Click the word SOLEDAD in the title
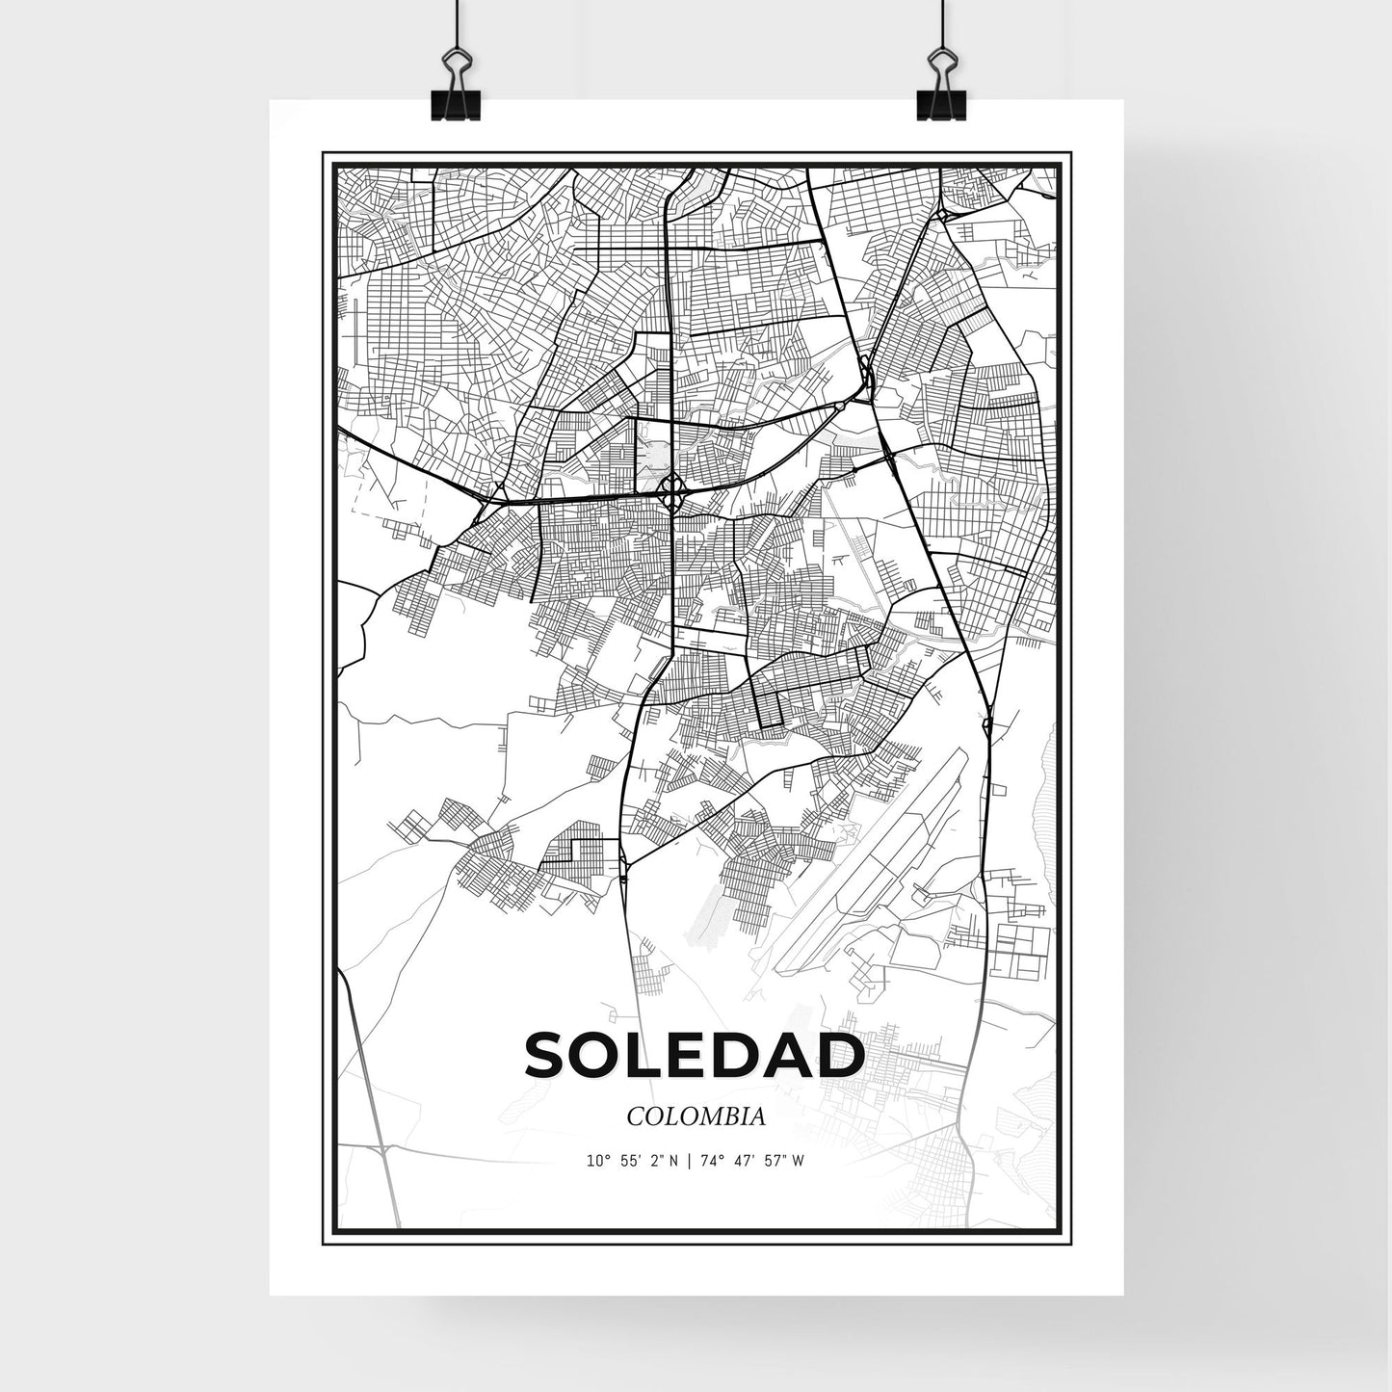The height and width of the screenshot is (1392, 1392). [x=695, y=1056]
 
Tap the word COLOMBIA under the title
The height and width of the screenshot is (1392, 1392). [x=696, y=1116]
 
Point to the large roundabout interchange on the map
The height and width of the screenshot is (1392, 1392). [x=672, y=495]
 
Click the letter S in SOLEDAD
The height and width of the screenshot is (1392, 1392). [x=547, y=1056]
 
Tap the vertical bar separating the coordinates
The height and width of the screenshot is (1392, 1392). [x=688, y=1161]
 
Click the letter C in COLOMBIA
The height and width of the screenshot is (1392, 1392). [x=635, y=1116]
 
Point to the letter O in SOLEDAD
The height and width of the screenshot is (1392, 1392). [x=599, y=1056]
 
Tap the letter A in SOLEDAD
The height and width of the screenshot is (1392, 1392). [x=789, y=1056]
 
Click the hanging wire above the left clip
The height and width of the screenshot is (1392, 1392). [x=453, y=24]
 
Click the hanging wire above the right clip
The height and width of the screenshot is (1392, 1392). [x=937, y=24]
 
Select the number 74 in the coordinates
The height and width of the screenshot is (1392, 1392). [x=705, y=1161]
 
